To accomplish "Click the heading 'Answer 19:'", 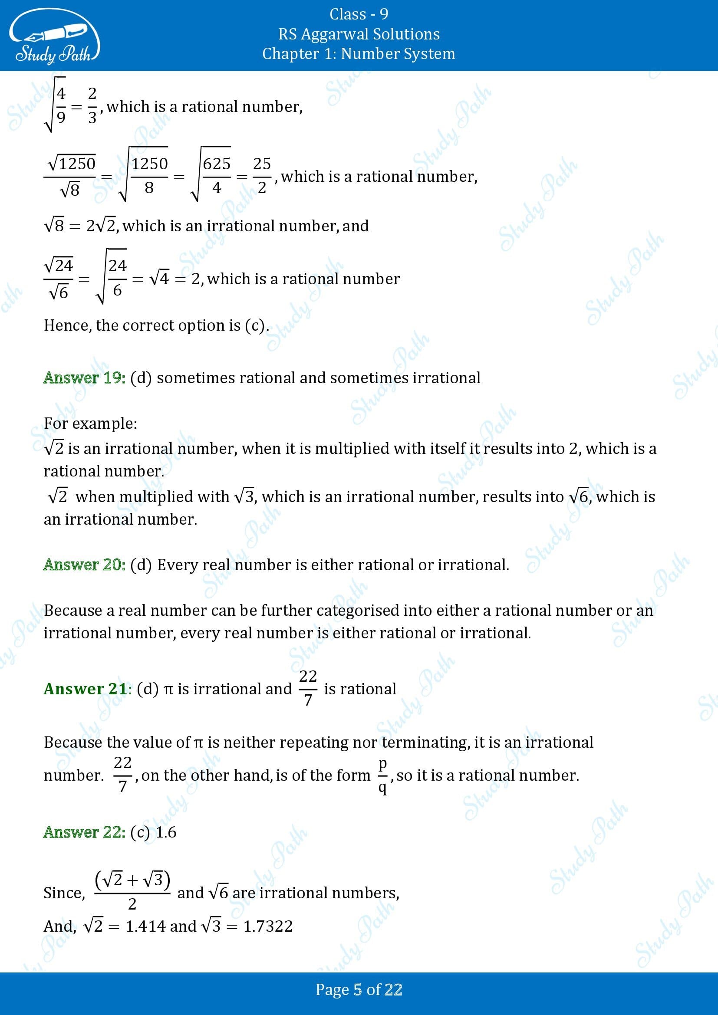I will [85, 378].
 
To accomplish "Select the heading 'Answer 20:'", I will [85, 565].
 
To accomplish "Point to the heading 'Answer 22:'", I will [85, 832].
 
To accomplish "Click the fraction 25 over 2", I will [262, 175].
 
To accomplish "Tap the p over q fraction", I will [382, 775].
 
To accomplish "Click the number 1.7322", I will [268, 926].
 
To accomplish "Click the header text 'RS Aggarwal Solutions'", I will [359, 34].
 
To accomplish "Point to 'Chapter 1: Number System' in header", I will [359, 54].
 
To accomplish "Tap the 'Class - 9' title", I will [359, 14].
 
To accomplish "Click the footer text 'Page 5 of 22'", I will [359, 989].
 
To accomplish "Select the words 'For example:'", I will [91, 424].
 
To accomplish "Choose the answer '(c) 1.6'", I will [153, 832].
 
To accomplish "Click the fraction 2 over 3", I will [92, 106].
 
